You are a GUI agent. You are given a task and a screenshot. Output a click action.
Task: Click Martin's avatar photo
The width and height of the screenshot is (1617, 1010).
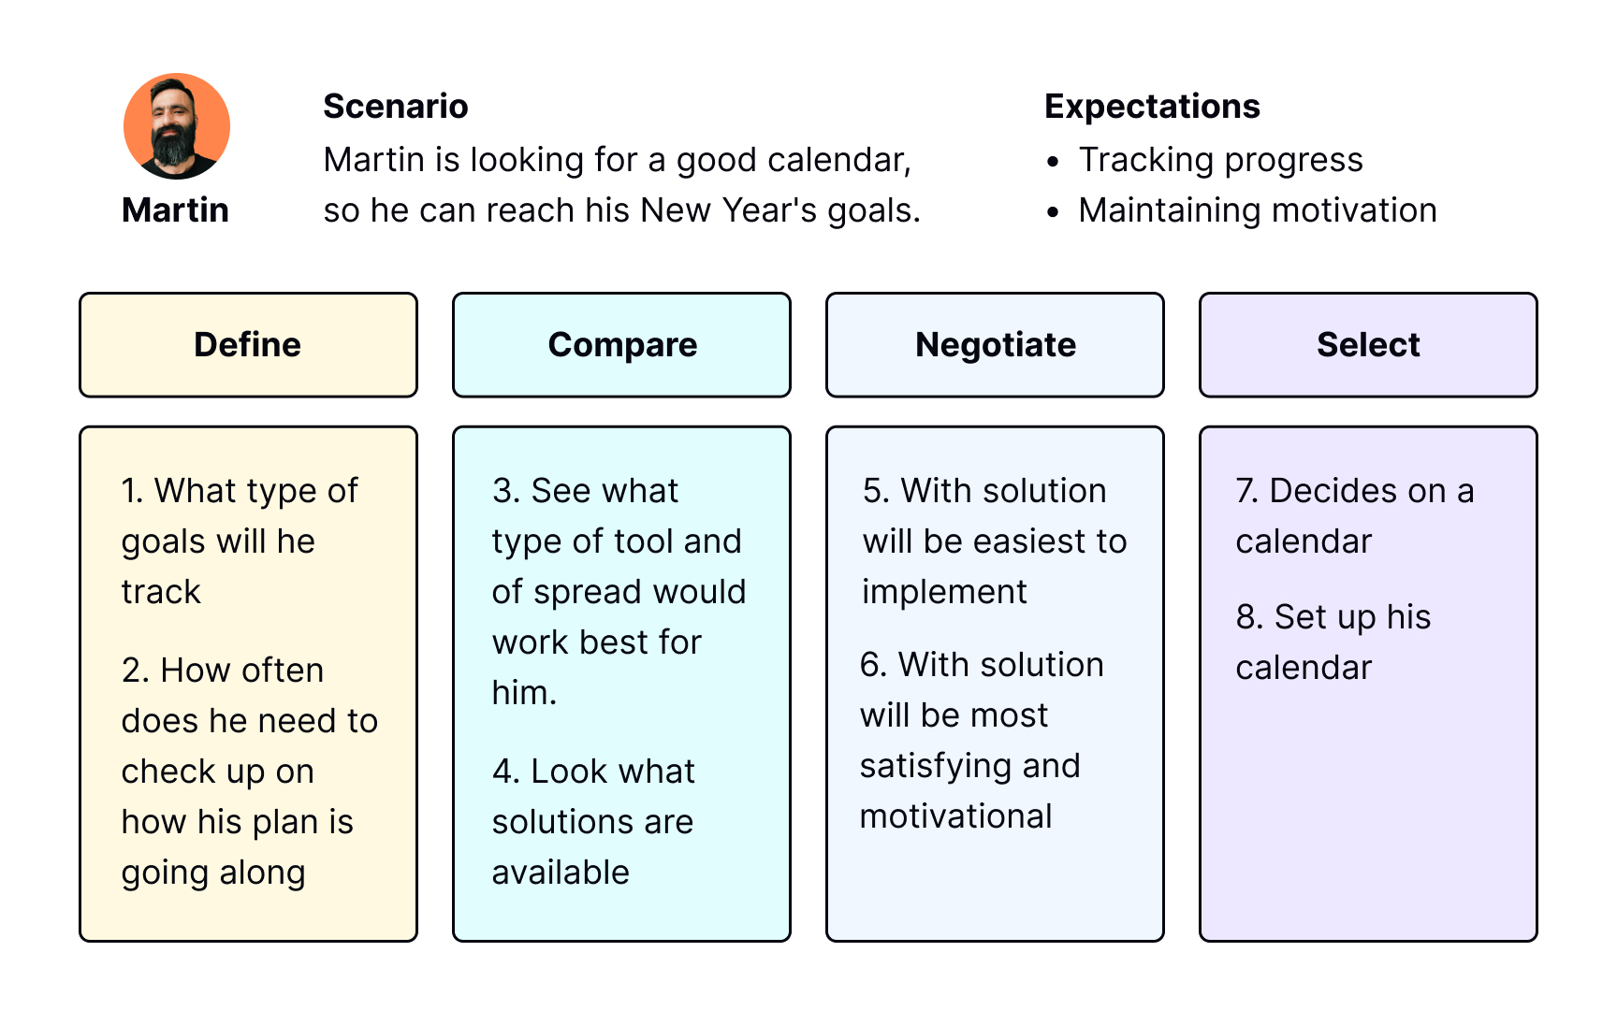click(177, 126)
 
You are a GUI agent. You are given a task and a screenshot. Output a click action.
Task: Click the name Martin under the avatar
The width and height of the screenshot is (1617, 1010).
click(175, 210)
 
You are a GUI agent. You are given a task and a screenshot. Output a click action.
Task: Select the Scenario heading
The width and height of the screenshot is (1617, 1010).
click(396, 107)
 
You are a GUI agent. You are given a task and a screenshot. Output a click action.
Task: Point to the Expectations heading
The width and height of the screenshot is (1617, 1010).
click(1152, 107)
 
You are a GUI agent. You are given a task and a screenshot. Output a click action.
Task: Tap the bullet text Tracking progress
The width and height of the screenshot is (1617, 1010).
click(1220, 160)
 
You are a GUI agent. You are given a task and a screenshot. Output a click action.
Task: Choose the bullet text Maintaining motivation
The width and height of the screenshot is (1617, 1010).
click(1258, 210)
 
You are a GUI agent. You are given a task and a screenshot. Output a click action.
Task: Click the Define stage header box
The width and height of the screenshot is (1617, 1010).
click(248, 345)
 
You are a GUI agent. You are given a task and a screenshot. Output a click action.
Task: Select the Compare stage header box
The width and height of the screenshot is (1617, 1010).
click(621, 345)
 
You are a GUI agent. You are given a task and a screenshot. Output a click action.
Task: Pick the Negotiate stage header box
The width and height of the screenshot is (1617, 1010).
click(995, 345)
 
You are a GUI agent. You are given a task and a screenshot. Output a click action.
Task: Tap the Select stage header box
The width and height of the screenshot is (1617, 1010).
click(1368, 345)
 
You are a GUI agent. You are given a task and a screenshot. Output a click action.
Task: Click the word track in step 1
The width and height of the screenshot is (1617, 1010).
click(161, 592)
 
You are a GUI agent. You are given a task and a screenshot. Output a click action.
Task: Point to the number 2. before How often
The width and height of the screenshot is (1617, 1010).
click(136, 671)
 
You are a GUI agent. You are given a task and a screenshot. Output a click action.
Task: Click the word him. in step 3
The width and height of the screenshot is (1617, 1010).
click(524, 693)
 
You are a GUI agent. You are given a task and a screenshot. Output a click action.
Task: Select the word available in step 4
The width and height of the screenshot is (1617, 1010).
click(561, 873)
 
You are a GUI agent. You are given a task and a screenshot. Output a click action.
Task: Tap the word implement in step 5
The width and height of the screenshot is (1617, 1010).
click(944, 592)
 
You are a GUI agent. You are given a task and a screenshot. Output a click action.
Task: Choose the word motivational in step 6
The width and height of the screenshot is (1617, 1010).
click(956, 816)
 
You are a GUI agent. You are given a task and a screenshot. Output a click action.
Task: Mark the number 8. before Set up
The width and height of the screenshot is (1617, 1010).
click(1250, 617)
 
